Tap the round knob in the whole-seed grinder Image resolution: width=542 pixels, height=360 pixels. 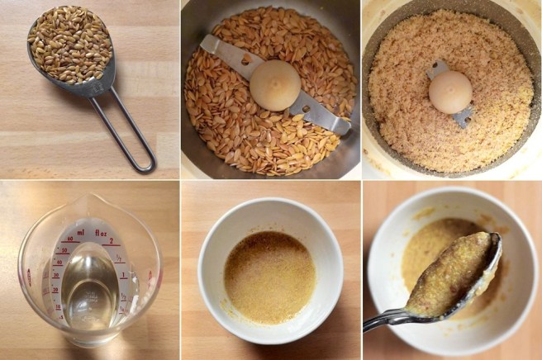point(275,85)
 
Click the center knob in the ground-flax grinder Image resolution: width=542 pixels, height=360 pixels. point(450,92)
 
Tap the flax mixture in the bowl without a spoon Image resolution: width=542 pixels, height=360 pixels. point(269,276)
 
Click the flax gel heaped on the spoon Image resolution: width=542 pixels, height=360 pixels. point(450,274)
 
